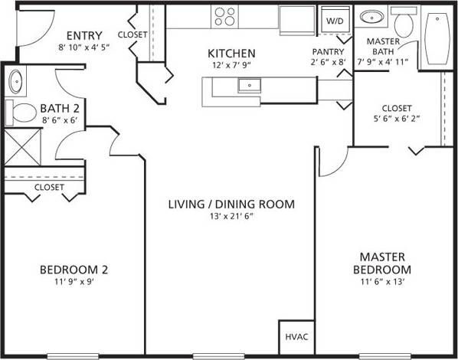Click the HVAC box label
pos(296,336)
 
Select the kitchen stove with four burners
pos(224,16)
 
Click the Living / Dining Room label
pos(231,204)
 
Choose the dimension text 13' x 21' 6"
pos(231,217)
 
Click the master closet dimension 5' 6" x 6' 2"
pos(396,119)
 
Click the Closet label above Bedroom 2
pos(49,187)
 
